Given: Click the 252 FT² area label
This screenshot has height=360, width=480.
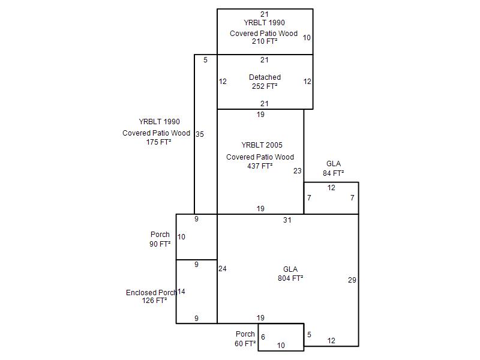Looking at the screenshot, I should (265, 86).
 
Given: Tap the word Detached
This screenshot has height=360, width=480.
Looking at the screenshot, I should (265, 77).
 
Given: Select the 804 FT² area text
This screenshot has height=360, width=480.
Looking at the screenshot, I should (290, 278).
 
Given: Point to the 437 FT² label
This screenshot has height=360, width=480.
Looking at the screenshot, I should (260, 166).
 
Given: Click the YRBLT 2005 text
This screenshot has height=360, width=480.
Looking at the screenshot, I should (262, 145).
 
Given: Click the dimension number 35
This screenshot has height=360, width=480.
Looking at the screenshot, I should (200, 134).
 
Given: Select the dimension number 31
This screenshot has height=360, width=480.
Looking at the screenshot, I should (287, 220).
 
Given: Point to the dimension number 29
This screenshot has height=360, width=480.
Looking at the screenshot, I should (352, 280).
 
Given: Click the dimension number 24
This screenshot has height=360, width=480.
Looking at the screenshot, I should (223, 269).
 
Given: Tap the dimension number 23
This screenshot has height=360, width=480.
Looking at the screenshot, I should (298, 171).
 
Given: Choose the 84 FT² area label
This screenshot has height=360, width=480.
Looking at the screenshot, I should (334, 173).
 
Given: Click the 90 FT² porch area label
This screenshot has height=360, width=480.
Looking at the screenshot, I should (160, 244).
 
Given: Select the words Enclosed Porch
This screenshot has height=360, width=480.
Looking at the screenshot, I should (151, 293).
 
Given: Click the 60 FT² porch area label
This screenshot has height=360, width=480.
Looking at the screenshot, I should (245, 344).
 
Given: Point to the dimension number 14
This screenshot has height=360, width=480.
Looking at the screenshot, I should (181, 292).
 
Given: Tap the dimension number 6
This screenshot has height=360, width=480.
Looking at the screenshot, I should (263, 337).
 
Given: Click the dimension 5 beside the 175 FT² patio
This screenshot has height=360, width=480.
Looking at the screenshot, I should (205, 60).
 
